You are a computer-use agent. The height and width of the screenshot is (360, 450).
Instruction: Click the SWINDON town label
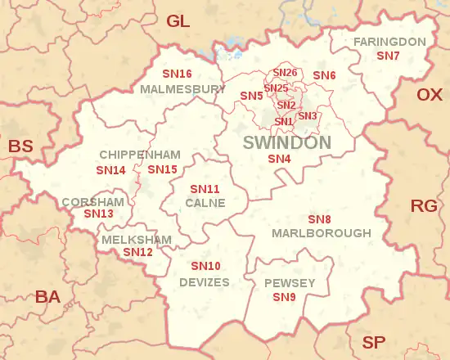tap(287, 143)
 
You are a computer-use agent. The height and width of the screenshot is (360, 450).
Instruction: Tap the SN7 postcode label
tap(388, 56)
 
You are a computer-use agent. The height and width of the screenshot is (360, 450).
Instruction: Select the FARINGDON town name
tap(389, 42)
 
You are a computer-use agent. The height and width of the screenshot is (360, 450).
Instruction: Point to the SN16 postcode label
tap(177, 74)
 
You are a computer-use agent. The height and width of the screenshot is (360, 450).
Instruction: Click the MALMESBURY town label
tap(182, 88)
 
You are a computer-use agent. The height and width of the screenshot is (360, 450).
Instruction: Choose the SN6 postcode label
tap(324, 75)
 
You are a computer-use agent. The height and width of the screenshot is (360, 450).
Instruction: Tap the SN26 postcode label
tap(285, 74)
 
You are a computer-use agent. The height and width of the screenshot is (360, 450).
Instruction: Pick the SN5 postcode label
tap(251, 96)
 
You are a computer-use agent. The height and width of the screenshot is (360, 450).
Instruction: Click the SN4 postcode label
tap(280, 159)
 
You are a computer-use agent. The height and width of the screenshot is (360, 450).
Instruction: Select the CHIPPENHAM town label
tap(128, 155)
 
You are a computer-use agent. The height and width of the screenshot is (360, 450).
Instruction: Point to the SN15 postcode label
tap(162, 169)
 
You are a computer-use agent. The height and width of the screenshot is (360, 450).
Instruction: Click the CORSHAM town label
tap(92, 201)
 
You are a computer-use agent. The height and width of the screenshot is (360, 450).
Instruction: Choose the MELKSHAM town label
tap(137, 240)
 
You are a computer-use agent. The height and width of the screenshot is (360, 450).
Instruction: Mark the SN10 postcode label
tap(205, 267)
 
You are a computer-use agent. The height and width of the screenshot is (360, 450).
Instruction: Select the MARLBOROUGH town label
tap(321, 233)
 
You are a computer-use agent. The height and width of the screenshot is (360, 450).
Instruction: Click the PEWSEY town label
tap(290, 283)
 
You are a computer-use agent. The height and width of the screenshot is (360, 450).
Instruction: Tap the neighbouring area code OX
tap(429, 95)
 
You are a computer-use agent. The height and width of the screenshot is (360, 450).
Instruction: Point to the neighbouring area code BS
tap(20, 147)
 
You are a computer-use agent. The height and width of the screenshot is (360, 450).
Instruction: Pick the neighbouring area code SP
tap(374, 342)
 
